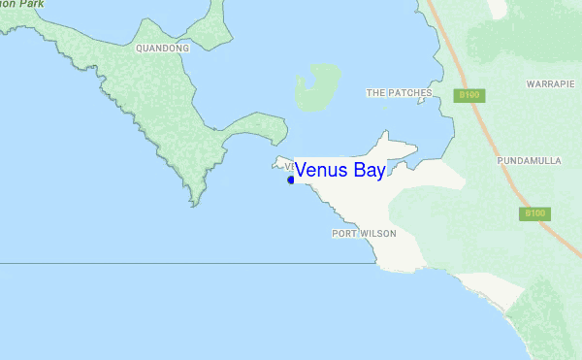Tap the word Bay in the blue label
pyautogui.click(x=369, y=170)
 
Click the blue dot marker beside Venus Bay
pyautogui.click(x=291, y=180)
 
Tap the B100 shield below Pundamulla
pyautogui.click(x=533, y=213)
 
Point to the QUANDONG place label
pyautogui.click(x=162, y=48)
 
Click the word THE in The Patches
pyautogui.click(x=376, y=93)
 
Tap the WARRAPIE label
pyautogui.click(x=551, y=84)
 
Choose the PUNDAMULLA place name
pyautogui.click(x=529, y=160)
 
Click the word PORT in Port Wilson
pyautogui.click(x=344, y=234)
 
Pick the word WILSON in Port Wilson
pyautogui.click(x=378, y=234)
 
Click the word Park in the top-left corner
pyautogui.click(x=33, y=4)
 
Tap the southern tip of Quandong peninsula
pyautogui.click(x=196, y=202)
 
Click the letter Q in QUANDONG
pyautogui.click(x=140, y=48)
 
